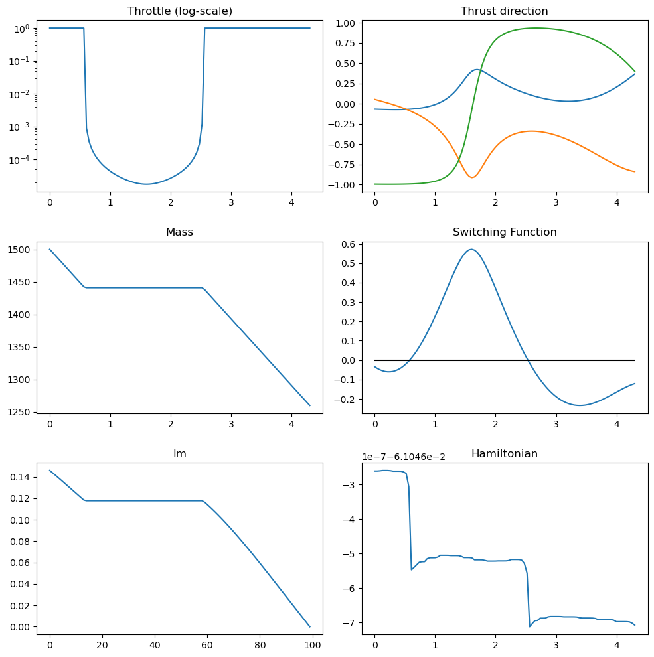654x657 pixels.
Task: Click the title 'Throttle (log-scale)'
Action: pyautogui.click(x=180, y=11)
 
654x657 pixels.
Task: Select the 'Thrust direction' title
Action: pyautogui.click(x=505, y=11)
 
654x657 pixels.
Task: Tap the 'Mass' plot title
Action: pyautogui.click(x=180, y=232)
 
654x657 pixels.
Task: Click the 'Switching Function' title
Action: pyautogui.click(x=505, y=232)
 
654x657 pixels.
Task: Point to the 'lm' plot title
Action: pyautogui.click(x=180, y=454)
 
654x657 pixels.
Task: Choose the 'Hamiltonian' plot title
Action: pyautogui.click(x=505, y=454)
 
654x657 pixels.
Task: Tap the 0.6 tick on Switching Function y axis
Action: pyautogui.click(x=346, y=244)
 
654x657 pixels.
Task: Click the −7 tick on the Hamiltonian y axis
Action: pyautogui.click(x=349, y=622)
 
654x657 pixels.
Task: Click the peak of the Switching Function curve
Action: pyautogui.click(x=471, y=249)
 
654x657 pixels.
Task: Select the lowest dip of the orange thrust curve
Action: pyautogui.click(x=472, y=177)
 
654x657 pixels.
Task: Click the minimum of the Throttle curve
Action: pyautogui.click(x=146, y=184)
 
